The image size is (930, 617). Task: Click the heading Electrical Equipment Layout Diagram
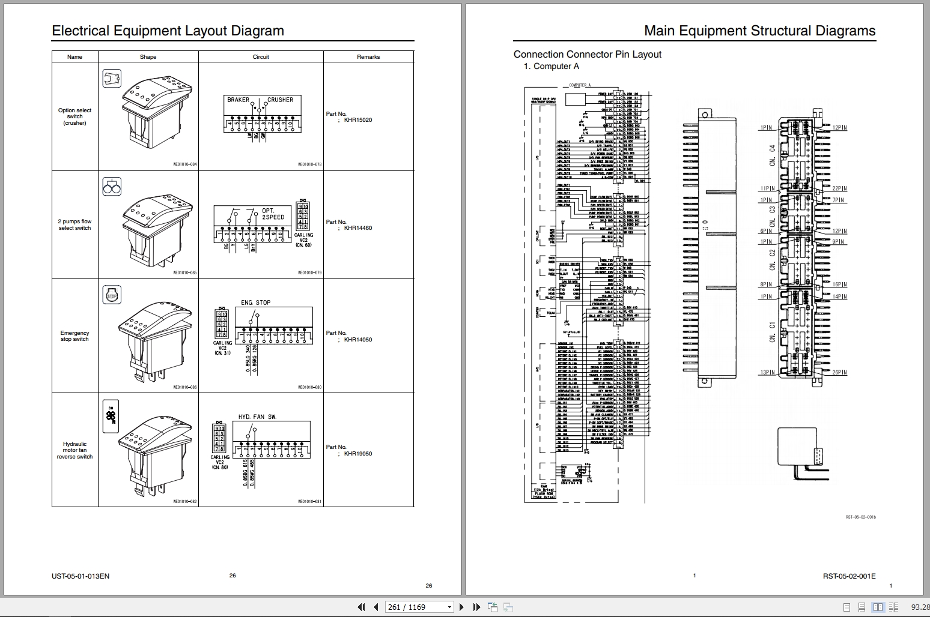168,31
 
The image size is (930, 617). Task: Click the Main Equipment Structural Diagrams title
759,31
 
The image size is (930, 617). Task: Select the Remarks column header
368,57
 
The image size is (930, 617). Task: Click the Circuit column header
261,57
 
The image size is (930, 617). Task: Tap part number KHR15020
357,120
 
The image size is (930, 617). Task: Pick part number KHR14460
357,228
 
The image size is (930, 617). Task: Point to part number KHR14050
357,340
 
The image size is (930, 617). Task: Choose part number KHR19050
357,454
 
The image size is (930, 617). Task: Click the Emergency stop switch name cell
74,336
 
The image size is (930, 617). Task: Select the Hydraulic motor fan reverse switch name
74,450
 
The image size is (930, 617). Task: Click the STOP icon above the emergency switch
112,295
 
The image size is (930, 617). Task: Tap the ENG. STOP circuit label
256,302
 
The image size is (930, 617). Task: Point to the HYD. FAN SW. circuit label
257,417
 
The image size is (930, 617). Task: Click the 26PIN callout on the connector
839,372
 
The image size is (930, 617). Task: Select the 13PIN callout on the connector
767,372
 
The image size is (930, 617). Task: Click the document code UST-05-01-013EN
81,576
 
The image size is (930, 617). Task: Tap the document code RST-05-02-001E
849,576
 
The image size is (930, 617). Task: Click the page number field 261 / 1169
415,607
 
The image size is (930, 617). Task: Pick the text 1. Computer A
552,67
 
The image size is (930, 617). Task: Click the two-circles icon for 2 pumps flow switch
112,187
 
